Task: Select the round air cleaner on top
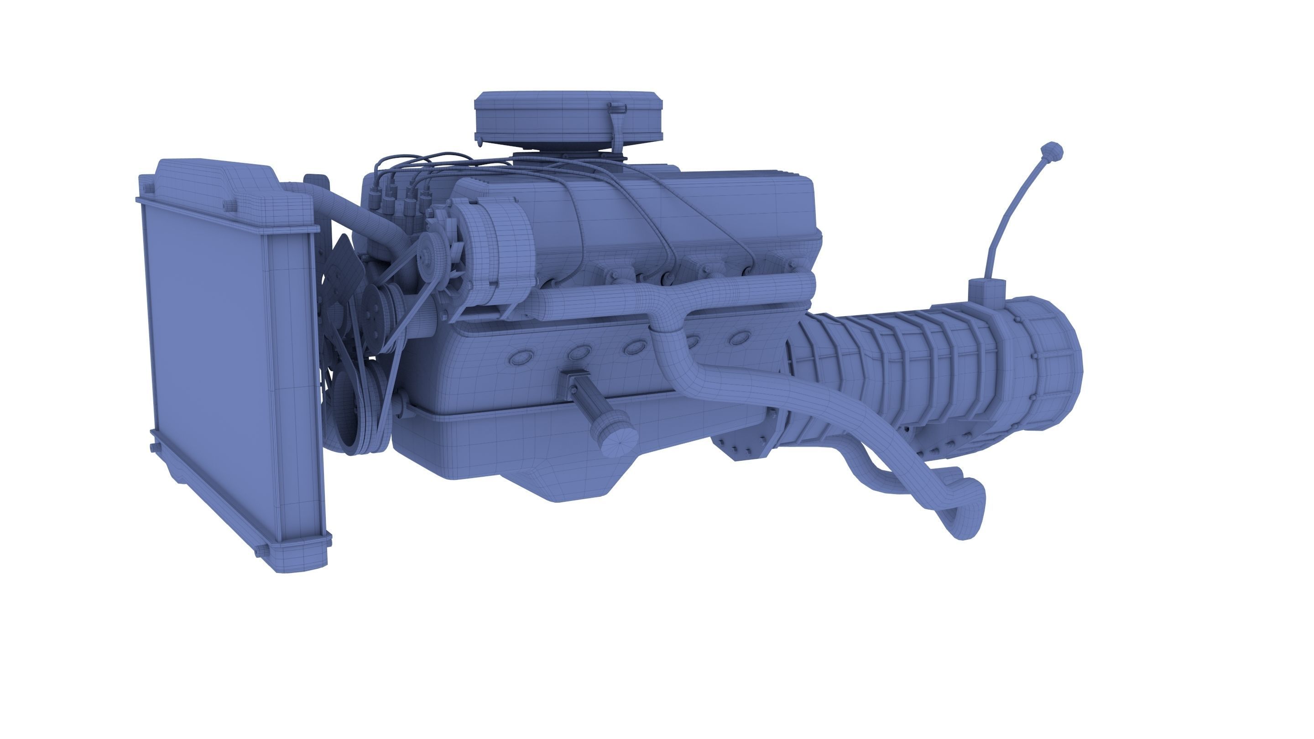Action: point(569,117)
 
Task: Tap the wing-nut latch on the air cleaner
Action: point(618,109)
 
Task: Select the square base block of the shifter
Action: point(987,293)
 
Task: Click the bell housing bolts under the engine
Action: point(740,449)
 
